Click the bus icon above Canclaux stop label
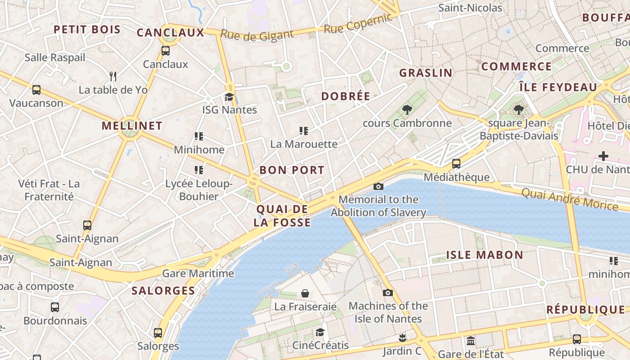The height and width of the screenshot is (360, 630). tap(166, 51)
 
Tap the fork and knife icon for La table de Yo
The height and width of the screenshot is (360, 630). tap(113, 76)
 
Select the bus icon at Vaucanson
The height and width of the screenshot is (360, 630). tap(36, 90)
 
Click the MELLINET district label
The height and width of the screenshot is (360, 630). tap(132, 126)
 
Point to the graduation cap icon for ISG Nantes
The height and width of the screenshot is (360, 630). tap(229, 97)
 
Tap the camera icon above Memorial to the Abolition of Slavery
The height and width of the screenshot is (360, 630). tap(378, 186)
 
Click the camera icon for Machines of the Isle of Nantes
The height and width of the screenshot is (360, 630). tap(388, 292)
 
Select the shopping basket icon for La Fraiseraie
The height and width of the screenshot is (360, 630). tap(305, 293)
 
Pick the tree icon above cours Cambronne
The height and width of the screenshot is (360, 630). tap(407, 109)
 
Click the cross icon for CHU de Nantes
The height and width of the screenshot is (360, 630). tap(603, 156)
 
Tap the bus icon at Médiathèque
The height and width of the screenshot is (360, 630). tap(456, 163)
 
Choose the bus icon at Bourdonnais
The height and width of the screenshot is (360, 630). tap(55, 307)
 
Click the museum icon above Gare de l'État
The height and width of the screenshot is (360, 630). tap(471, 341)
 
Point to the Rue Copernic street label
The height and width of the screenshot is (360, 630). tap(358, 24)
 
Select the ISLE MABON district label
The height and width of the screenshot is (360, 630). tap(485, 255)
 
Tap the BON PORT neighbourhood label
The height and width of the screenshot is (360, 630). tap(292, 170)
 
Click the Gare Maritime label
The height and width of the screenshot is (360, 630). tap(198, 273)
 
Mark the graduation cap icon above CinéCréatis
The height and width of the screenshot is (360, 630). tap(320, 332)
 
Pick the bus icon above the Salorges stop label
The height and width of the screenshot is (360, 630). tap(158, 333)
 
